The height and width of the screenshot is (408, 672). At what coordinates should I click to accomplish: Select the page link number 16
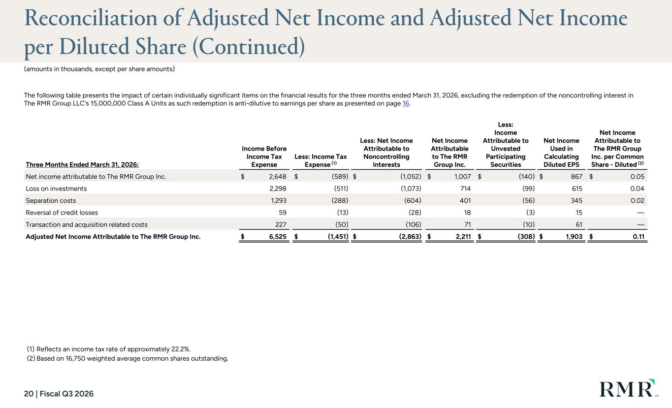pos(406,103)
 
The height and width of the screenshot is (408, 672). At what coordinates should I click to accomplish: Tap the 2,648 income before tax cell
pos(278,177)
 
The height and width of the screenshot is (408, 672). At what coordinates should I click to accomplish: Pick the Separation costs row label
pos(51,201)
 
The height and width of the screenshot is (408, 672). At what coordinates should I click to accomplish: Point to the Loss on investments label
pos(56,188)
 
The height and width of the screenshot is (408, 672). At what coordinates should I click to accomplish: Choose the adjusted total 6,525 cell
pos(278,237)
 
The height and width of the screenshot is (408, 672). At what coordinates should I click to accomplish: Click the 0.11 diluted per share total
pos(639,237)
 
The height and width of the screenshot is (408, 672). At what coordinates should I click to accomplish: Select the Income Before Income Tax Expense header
pos(264,157)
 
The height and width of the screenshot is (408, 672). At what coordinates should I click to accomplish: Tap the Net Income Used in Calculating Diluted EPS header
pos(561,153)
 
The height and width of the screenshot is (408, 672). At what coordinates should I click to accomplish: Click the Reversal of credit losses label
pos(62,213)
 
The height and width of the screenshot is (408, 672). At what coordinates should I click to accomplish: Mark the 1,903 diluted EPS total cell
pos(574,237)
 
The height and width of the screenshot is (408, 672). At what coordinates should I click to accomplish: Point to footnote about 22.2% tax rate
pos(109,349)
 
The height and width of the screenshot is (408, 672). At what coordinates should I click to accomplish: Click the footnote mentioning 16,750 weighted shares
pos(128,358)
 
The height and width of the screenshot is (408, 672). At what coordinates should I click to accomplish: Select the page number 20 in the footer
pos(29,394)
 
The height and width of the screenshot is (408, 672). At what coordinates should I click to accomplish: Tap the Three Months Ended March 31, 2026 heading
pos(82,165)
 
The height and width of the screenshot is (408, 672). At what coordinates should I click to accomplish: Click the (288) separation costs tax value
pos(340,201)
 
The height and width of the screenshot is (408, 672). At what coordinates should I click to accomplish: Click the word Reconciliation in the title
pos(91,18)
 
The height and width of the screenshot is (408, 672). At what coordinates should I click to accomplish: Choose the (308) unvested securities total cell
pos(526,237)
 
